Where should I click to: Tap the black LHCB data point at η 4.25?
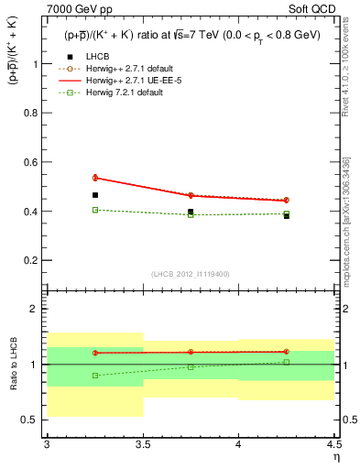(x=287, y=216)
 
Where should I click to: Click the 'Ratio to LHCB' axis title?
(x=12, y=364)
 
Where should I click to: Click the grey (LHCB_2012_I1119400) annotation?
(x=191, y=274)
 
